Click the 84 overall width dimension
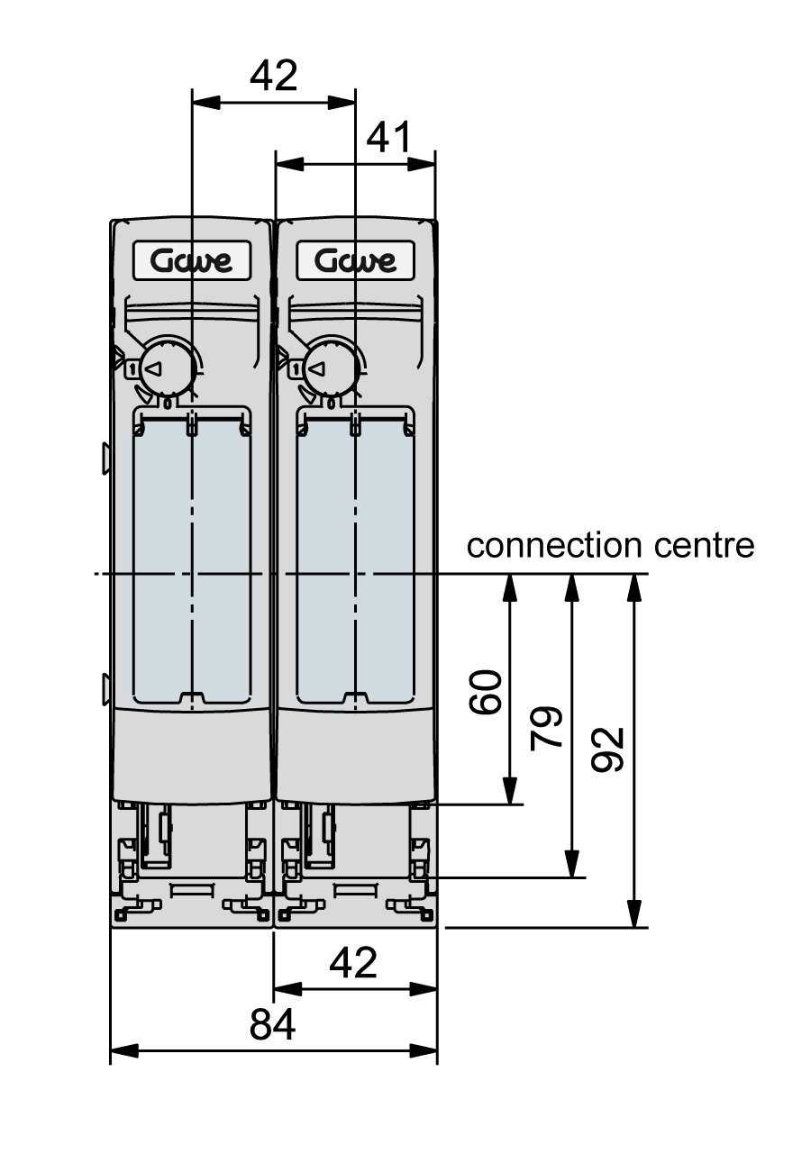[271, 1024]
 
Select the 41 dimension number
[389, 139]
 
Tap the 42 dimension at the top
[274, 77]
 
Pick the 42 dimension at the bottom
[353, 964]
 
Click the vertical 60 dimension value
[486, 692]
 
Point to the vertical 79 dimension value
[547, 726]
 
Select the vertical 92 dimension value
[609, 750]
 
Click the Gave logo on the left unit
[191, 261]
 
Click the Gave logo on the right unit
[355, 261]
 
